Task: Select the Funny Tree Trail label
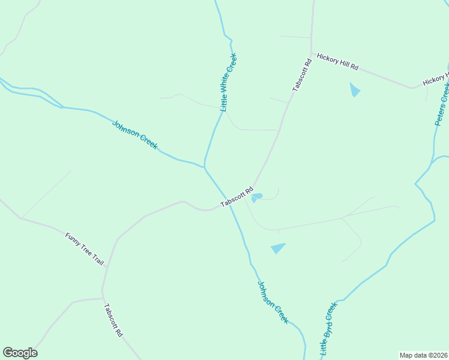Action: coord(85,250)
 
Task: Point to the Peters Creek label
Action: coord(442,103)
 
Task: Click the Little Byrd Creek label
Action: coord(329,327)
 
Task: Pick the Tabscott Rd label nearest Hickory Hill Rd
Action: coord(302,75)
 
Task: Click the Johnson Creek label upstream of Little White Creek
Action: coord(135,134)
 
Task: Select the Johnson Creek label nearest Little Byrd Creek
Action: coord(273,302)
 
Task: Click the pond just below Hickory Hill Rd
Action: coord(355,90)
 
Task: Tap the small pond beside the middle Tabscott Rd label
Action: coord(256,197)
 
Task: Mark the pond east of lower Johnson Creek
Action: coord(278,248)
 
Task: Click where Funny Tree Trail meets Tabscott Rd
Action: coord(103,292)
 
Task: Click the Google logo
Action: coord(20,353)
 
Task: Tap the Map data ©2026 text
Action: coord(423,355)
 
